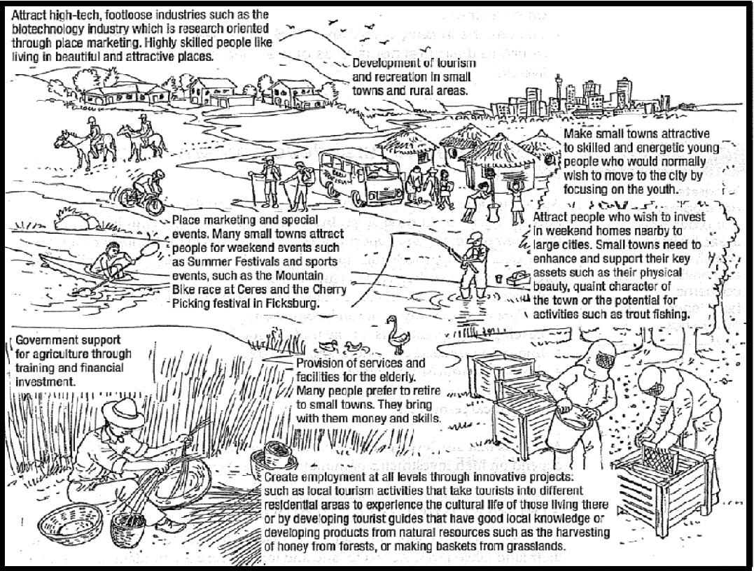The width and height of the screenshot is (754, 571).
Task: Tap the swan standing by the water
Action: coord(398,334)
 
